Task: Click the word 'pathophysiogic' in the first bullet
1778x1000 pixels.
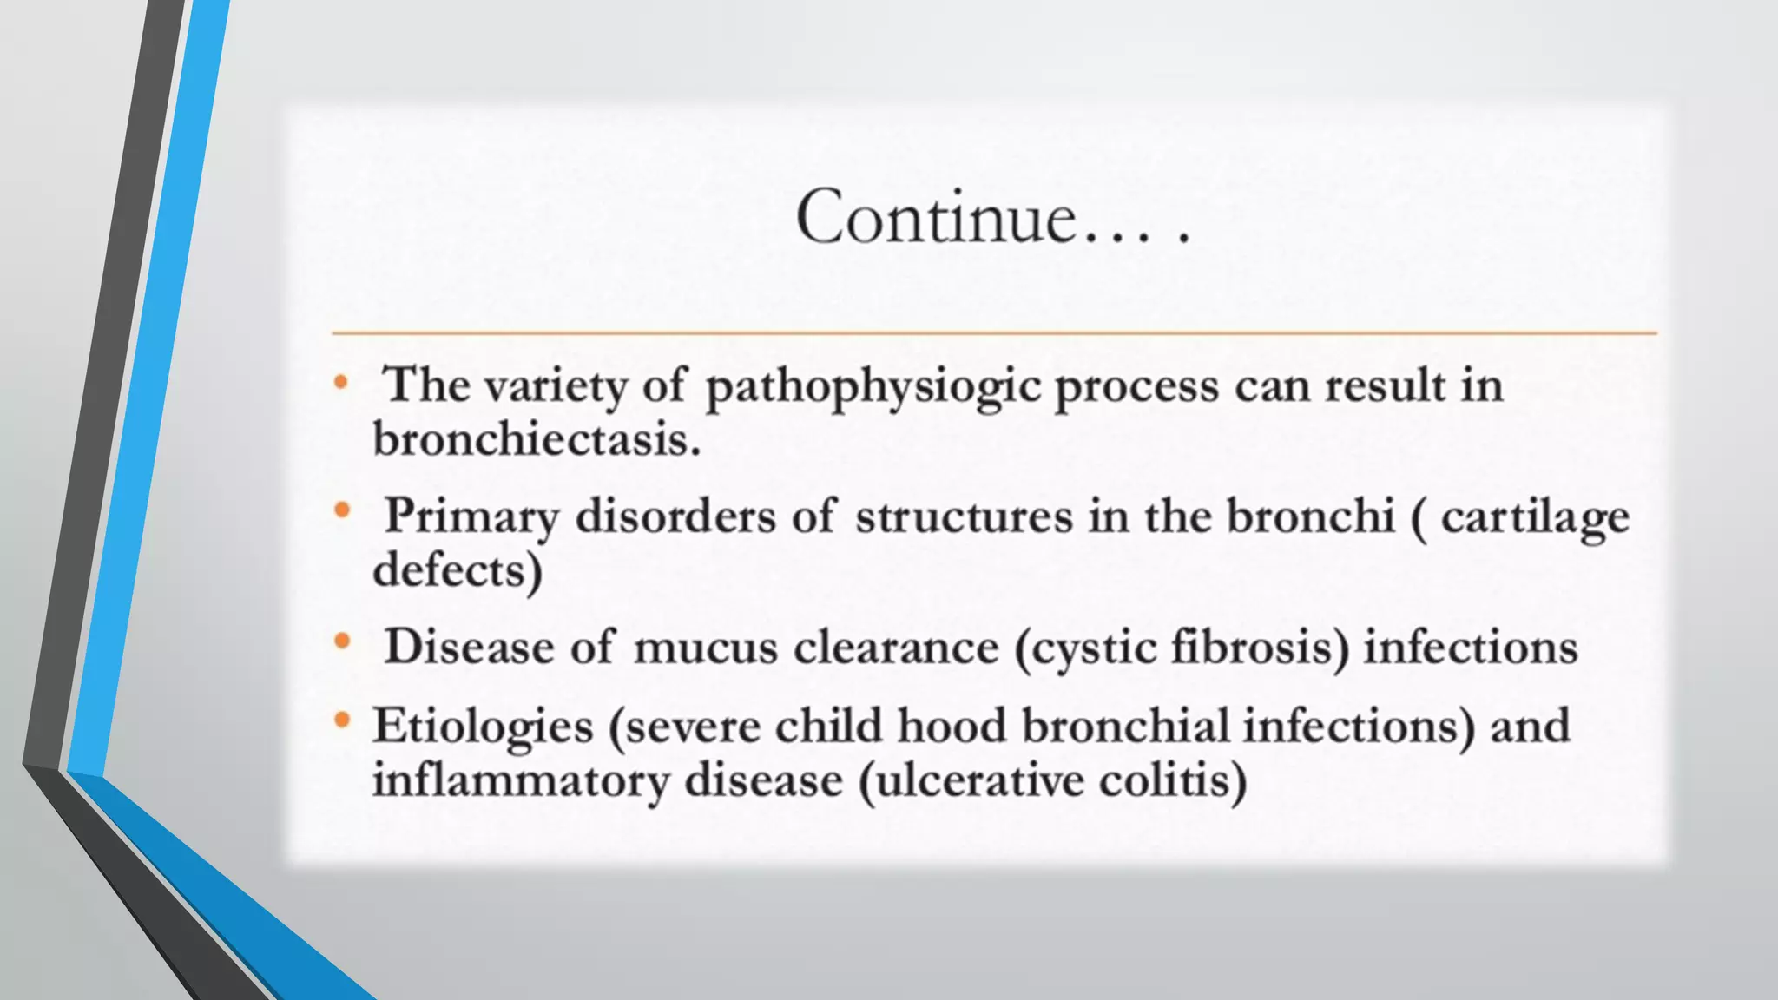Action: [x=873, y=387]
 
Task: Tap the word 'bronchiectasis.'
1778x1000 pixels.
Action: [x=536, y=439]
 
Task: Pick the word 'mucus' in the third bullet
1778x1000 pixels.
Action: [x=705, y=648]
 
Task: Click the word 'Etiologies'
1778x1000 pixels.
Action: [x=482, y=727]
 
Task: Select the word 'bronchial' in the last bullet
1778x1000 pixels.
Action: [x=1125, y=727]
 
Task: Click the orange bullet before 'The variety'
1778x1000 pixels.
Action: [x=341, y=382]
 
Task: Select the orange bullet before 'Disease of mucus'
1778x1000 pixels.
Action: [x=342, y=642]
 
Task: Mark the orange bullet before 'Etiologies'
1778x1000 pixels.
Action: [x=342, y=720]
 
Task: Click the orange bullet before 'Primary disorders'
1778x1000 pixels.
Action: [x=342, y=511]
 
